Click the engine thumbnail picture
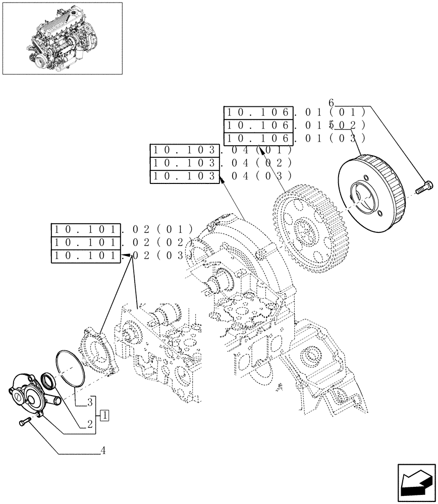pos(62,38)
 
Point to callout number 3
pos(89,402)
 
